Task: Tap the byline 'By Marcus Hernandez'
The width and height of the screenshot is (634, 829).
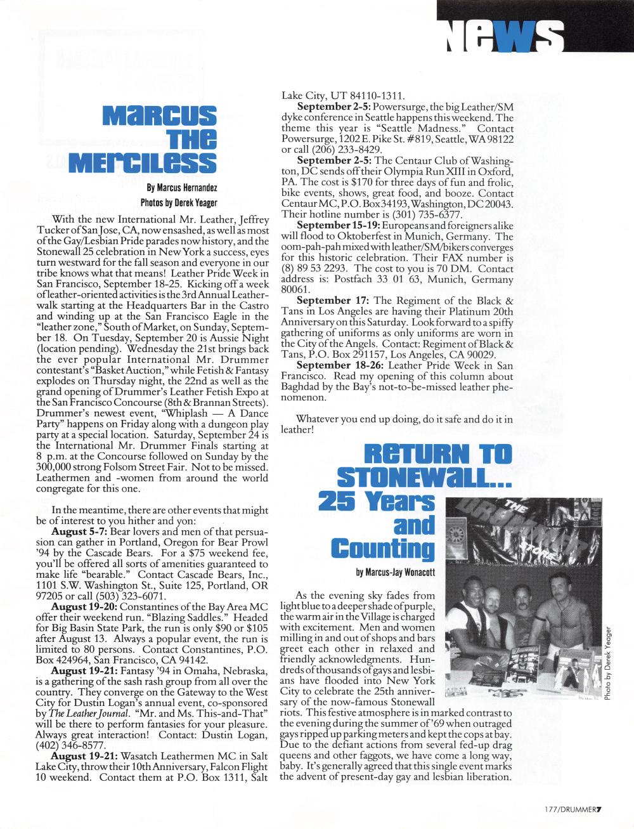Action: point(181,188)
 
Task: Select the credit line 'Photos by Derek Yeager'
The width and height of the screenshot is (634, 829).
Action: point(178,203)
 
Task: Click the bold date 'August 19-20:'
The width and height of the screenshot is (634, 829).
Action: point(84,607)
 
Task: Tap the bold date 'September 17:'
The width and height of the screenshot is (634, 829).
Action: point(333,301)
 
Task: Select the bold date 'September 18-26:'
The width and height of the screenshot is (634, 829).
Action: point(340,365)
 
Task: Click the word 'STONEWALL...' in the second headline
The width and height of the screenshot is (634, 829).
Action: point(424,477)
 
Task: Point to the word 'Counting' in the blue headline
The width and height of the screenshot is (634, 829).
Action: point(382,549)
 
